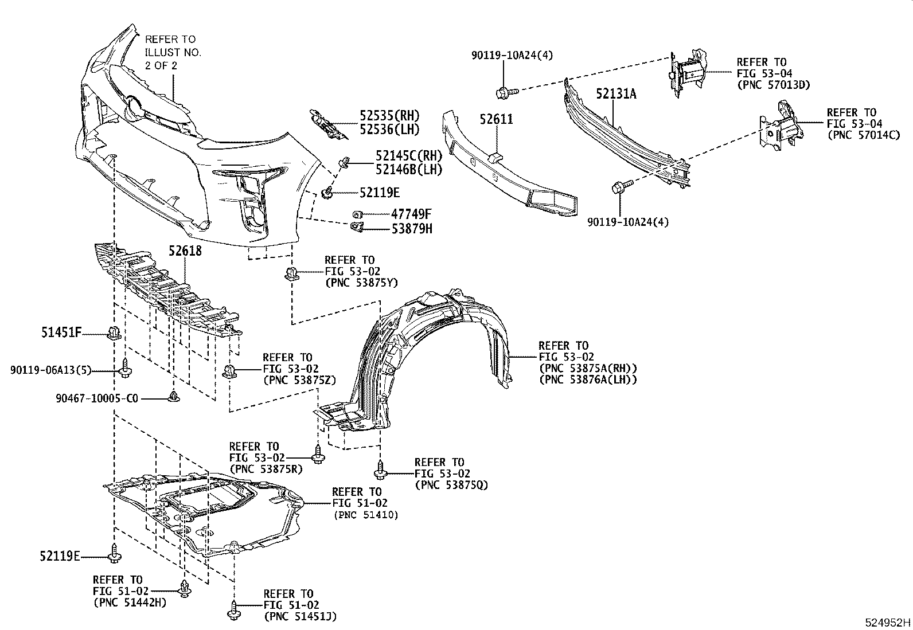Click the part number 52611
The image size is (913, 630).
[x=496, y=119]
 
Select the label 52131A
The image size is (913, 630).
[x=615, y=93]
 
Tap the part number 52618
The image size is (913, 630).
[x=185, y=251]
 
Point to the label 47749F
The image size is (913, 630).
[x=411, y=214]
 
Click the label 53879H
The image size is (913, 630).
[x=412, y=229]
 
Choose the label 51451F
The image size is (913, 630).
[x=61, y=331]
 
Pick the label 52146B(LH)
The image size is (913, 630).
[x=409, y=169]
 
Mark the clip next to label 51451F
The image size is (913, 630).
[x=114, y=332]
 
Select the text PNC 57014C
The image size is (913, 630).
[x=863, y=135]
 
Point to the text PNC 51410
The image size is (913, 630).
[x=366, y=515]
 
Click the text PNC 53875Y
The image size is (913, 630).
[x=361, y=283]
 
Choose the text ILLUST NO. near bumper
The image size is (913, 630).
[x=173, y=52]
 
